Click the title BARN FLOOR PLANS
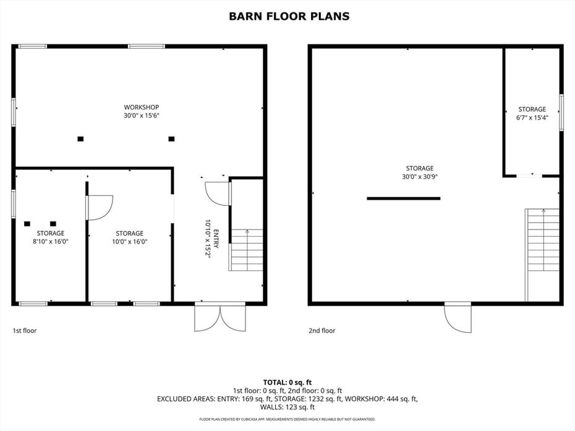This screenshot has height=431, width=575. tap(289, 17)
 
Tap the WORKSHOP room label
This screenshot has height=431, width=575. tap(141, 107)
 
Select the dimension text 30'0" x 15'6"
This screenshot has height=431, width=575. tap(141, 116)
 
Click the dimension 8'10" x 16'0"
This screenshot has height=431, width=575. tap(51, 241)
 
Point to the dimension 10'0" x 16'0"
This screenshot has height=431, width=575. tap(129, 241)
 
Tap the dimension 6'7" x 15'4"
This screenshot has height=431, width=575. tap(532, 117)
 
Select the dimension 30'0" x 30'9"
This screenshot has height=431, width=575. tap(420, 177)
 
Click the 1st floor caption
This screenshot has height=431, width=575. tap(25, 330)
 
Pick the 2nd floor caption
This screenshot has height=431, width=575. tap(322, 330)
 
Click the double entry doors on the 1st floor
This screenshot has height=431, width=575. tap(220, 317)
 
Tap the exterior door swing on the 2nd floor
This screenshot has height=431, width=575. tap(458, 318)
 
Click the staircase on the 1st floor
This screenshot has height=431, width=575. tap(247, 250)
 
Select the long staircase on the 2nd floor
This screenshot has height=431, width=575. tap(542, 255)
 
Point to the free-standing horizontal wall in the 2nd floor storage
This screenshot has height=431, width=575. tap(403, 198)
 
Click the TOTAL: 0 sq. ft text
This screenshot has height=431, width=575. tap(287, 383)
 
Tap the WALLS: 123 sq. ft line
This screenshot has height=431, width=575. tap(287, 407)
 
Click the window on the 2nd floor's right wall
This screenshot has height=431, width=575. tap(561, 113)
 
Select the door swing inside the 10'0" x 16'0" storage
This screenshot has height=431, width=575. tap(100, 208)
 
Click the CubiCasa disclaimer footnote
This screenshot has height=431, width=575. tap(287, 419)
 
